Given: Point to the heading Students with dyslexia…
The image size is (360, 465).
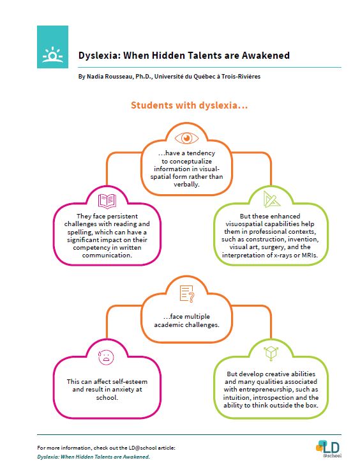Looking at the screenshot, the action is tap(188, 105).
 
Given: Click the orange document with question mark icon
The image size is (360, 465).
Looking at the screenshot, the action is tap(187, 294).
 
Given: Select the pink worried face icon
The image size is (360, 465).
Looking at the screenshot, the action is tap(104, 356).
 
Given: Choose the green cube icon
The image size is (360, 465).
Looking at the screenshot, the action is tap(271, 352).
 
